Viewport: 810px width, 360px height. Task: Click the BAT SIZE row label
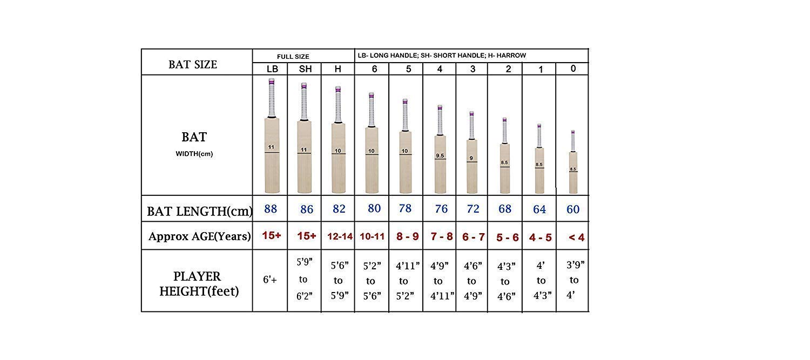pyautogui.click(x=193, y=64)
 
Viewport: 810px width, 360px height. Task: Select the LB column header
pyautogui.click(x=272, y=69)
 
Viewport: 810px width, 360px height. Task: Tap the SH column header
pyautogui.click(x=306, y=69)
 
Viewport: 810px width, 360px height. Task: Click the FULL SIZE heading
pyautogui.click(x=293, y=56)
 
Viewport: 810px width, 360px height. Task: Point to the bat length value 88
pyautogui.click(x=271, y=209)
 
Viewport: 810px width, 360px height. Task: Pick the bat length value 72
pyautogui.click(x=473, y=209)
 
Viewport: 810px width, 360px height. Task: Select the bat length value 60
pyautogui.click(x=573, y=209)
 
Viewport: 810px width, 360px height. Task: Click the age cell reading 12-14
pyautogui.click(x=339, y=236)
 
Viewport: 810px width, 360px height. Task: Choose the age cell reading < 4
pyautogui.click(x=576, y=237)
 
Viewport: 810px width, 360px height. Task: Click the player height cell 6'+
pyautogui.click(x=270, y=280)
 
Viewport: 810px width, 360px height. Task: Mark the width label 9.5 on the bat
pyautogui.click(x=440, y=156)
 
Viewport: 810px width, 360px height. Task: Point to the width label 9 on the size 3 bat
pyautogui.click(x=471, y=159)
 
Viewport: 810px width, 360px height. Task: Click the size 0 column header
pyautogui.click(x=573, y=69)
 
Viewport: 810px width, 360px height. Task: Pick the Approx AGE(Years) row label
pyautogui.click(x=200, y=236)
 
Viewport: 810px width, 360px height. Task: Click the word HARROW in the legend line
pyautogui.click(x=511, y=55)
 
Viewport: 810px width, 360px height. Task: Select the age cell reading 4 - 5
pyautogui.click(x=540, y=237)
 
